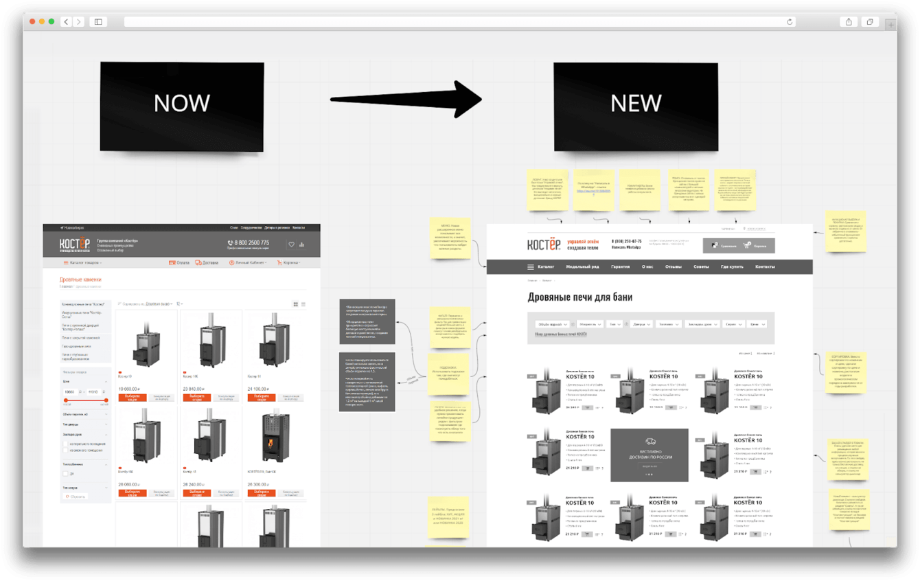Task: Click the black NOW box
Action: [x=182, y=106]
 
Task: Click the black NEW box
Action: [x=636, y=106]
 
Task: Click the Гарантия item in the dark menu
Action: [x=620, y=266]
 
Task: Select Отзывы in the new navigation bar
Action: [x=674, y=266]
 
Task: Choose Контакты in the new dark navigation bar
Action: [x=765, y=266]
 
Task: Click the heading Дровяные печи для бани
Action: [x=580, y=297]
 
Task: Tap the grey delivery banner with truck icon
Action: [x=649, y=455]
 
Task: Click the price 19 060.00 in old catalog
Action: [x=129, y=389]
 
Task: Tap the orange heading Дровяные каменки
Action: [x=81, y=280]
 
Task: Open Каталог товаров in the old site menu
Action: [x=84, y=262]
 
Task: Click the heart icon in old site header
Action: [x=291, y=244]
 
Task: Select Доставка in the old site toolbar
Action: [x=207, y=262]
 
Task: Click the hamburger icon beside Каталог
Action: [x=531, y=266]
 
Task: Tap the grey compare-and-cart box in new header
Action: [x=739, y=245]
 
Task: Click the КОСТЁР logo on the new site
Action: [x=544, y=245]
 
